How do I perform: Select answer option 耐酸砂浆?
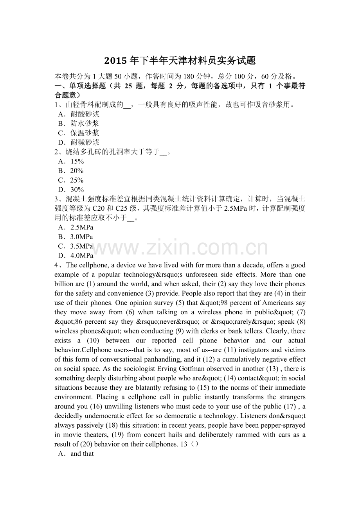pyautogui.click(x=85, y=114)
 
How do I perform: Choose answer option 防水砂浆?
pyautogui.click(x=85, y=124)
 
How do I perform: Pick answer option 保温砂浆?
pyautogui.click(x=85, y=133)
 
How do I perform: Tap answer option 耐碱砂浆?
pyautogui.click(x=85, y=142)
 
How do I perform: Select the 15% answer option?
pyautogui.click(x=77, y=161)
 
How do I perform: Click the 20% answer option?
pyautogui.click(x=77, y=171)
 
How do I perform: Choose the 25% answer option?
pyautogui.click(x=77, y=180)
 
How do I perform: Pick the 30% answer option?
pyautogui.click(x=77, y=190)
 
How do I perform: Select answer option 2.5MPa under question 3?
pyautogui.click(x=81, y=227)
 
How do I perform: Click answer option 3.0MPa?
pyautogui.click(x=81, y=237)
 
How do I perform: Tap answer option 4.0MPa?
pyautogui.click(x=81, y=256)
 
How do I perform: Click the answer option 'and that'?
pyautogui.click(x=82, y=454)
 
